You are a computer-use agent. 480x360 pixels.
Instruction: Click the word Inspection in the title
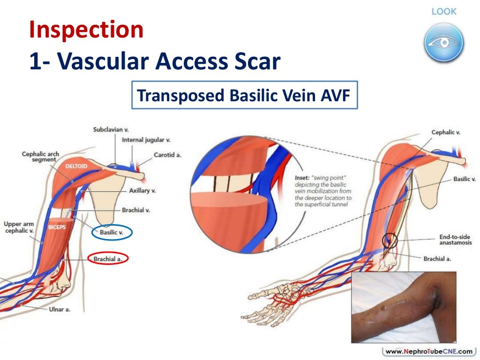(x=86, y=30)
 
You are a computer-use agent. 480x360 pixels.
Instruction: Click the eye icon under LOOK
(x=444, y=43)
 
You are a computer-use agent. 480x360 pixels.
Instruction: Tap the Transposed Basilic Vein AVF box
(x=244, y=97)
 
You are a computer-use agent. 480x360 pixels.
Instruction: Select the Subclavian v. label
(x=111, y=129)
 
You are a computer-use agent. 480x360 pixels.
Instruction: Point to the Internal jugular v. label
(x=146, y=140)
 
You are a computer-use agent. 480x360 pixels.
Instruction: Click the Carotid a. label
(x=167, y=155)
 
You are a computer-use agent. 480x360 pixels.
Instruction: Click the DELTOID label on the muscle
(x=77, y=166)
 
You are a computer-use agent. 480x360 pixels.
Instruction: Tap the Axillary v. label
(x=142, y=191)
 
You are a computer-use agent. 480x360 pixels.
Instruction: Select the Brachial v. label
(x=135, y=210)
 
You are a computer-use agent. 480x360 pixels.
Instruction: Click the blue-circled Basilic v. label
(x=112, y=232)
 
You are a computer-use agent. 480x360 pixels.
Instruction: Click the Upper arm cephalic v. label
(x=19, y=227)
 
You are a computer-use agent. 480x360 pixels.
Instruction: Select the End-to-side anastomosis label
(x=455, y=240)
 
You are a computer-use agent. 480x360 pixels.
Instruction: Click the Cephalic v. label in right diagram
(x=445, y=133)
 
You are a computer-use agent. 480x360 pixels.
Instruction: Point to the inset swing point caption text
(x=323, y=191)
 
